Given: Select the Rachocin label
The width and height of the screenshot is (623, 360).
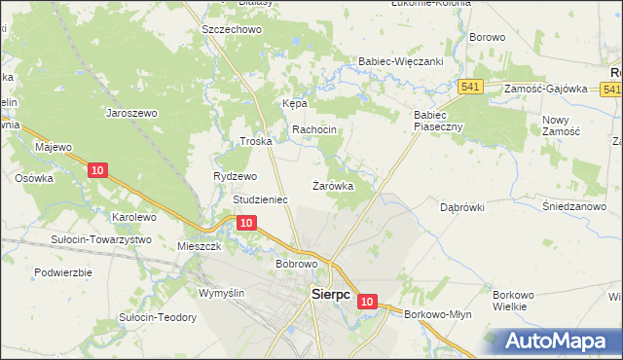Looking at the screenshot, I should coord(314,130).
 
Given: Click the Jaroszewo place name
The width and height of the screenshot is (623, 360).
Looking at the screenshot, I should coord(131,113).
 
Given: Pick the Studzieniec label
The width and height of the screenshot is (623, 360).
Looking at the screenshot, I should coord(260,199).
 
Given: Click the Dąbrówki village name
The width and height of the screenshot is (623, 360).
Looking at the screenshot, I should coord(461,207).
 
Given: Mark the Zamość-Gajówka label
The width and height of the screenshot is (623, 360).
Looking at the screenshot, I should coord(546,89).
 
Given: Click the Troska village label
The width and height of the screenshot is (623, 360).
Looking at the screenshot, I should coord(255,141).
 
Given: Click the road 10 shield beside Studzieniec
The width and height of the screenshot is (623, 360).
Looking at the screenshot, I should coord(246,224).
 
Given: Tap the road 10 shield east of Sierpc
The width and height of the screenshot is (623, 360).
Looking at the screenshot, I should coord(366,303).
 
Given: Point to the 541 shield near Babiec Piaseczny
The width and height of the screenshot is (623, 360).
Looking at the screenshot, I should coord(472,88).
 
